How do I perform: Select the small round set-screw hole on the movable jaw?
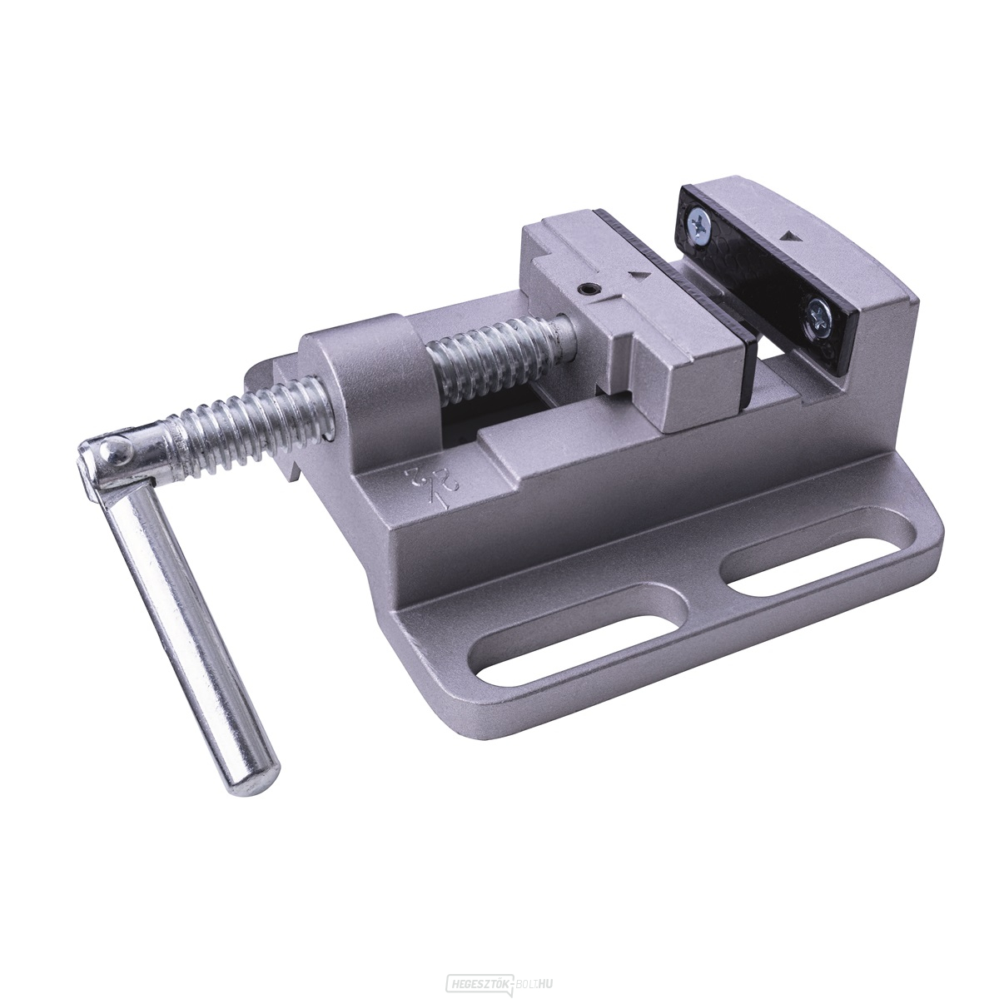(588, 290)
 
